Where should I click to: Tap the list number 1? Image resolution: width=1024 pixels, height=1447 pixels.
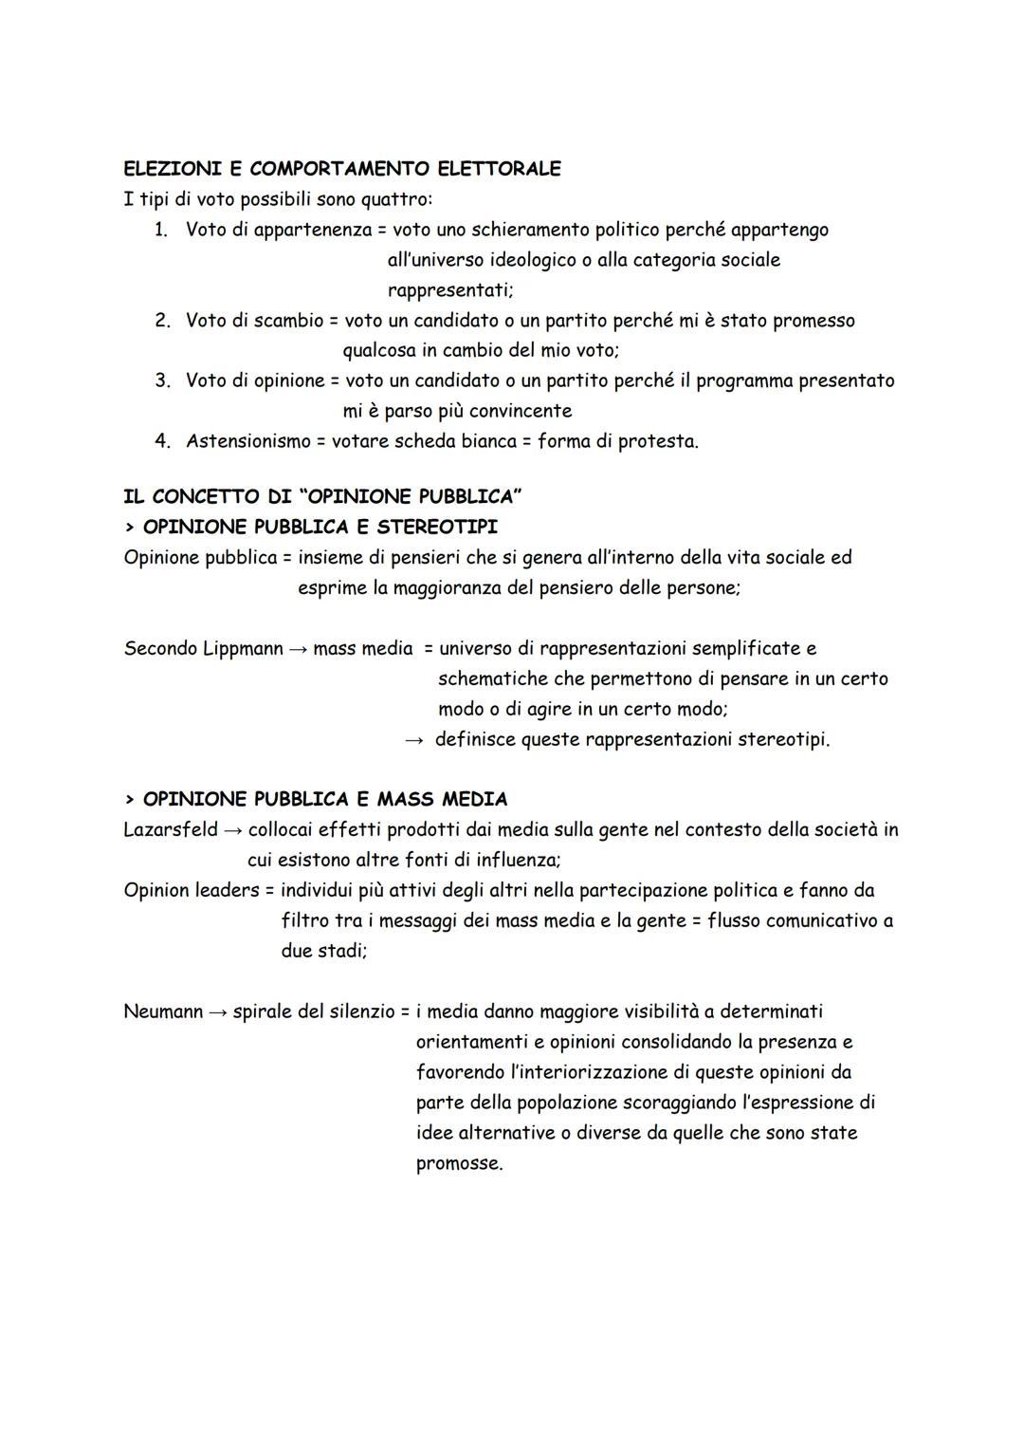pos(161,230)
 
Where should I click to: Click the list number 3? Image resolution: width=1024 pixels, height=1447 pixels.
pos(162,381)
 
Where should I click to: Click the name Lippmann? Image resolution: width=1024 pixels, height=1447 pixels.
pos(243,649)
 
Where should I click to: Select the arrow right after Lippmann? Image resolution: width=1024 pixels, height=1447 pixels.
pos(298,650)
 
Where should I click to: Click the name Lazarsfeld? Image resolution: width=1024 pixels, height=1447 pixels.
pos(171,830)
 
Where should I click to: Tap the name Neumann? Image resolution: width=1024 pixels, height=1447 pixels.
pos(163,1011)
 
